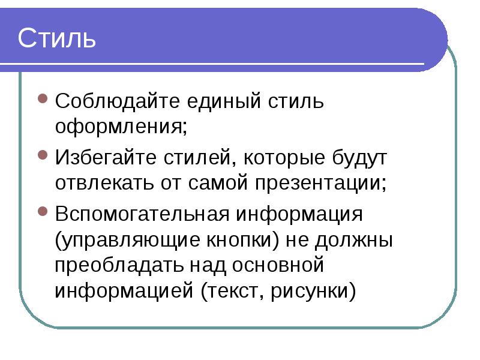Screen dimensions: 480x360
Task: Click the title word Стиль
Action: (57, 38)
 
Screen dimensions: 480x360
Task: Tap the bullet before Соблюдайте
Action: (43, 98)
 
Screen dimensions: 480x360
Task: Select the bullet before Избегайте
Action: (43, 155)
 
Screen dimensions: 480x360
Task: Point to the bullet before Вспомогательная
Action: (43, 211)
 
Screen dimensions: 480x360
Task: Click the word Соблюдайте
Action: (117, 101)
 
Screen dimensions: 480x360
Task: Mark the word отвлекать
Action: (104, 183)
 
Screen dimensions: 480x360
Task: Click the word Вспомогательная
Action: (142, 214)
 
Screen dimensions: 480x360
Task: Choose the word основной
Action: (278, 265)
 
